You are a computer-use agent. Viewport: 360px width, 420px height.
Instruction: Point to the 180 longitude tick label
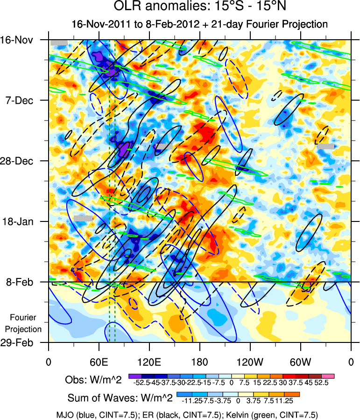[199, 361]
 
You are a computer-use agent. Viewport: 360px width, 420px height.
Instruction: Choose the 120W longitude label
[250, 361]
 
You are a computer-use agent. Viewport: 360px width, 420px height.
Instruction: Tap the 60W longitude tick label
[300, 361]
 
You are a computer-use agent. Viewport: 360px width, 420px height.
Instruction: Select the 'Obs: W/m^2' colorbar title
[93, 380]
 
